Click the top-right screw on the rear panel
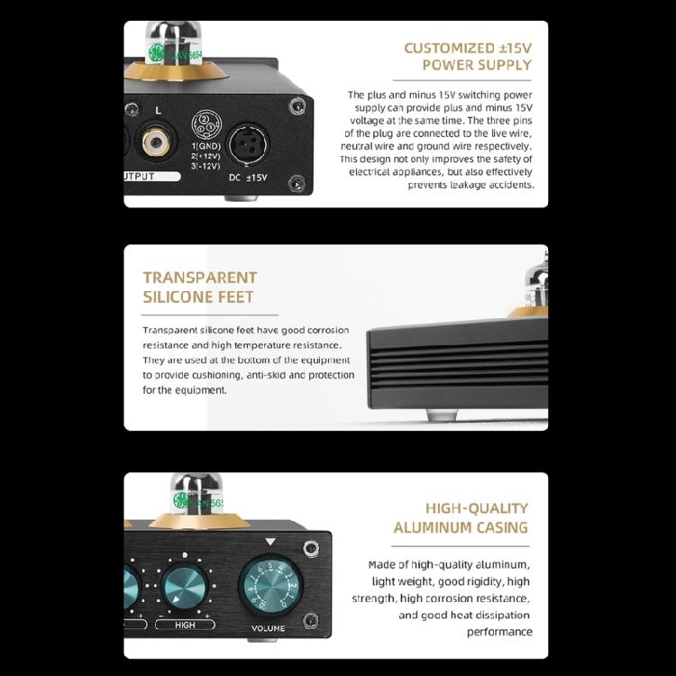(297, 106)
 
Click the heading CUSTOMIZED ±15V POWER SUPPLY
(467, 57)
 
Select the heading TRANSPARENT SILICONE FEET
(199, 287)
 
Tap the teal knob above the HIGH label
(185, 589)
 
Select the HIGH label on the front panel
(185, 625)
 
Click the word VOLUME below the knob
(269, 628)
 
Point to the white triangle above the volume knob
(269, 542)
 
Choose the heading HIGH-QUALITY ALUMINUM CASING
(461, 517)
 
